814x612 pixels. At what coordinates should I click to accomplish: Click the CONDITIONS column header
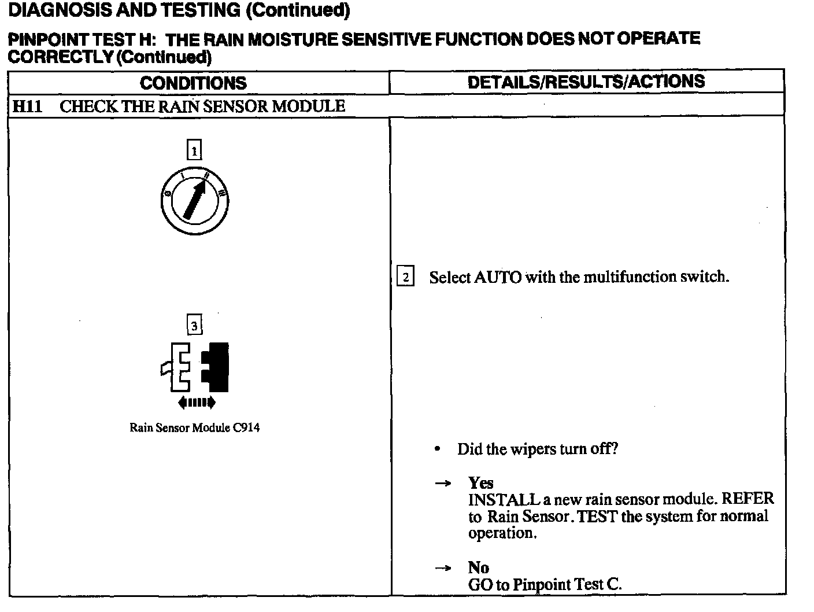(193, 83)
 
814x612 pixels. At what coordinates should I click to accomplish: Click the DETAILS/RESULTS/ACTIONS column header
(586, 82)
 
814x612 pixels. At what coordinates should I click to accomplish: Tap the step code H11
(27, 106)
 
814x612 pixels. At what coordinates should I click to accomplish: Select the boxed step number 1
(194, 152)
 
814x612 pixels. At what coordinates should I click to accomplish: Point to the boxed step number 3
(194, 326)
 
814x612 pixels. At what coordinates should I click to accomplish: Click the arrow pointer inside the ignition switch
(195, 198)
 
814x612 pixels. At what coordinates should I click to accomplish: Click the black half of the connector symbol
(216, 367)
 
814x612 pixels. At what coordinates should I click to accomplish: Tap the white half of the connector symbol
(177, 367)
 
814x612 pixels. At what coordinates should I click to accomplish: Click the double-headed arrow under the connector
(197, 402)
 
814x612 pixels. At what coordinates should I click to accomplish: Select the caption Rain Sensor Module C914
(194, 428)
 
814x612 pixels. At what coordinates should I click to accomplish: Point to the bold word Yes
(480, 483)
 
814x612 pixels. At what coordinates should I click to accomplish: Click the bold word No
(478, 567)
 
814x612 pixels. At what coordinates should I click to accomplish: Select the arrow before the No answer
(443, 568)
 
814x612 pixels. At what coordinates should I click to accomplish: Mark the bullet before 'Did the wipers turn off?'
(439, 449)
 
